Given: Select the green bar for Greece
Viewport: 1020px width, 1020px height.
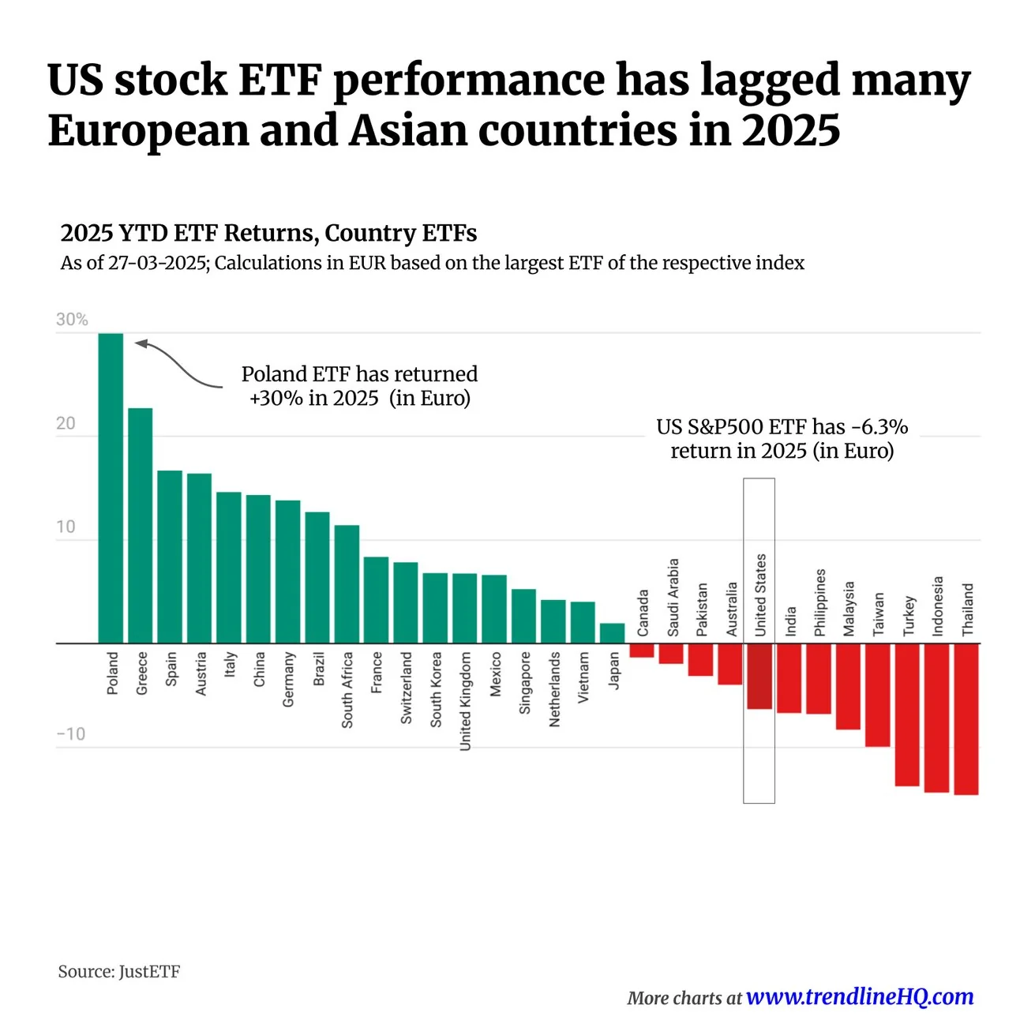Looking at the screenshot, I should coord(140,525).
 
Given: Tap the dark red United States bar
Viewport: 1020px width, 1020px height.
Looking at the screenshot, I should coord(759,676).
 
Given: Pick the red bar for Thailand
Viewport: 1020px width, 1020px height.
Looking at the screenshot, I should coord(966,718).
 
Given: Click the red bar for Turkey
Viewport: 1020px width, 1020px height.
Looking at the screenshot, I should coord(906,714).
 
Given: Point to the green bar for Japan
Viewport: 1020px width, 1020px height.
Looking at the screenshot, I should coord(612,633).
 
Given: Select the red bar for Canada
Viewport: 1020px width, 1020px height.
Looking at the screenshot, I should coord(641,651).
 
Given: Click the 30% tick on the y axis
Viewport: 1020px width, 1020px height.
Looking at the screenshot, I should coord(72,320).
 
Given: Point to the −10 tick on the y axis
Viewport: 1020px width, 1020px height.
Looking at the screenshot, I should coord(71,734).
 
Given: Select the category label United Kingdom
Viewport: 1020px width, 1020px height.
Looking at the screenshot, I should coord(465,700).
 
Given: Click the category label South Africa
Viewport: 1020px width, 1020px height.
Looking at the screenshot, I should coord(347,689).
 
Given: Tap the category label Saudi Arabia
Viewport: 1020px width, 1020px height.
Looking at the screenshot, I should coord(673,598).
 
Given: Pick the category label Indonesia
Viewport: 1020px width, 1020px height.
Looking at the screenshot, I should coord(937,606).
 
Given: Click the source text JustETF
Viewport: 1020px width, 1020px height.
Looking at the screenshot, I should coord(149,971).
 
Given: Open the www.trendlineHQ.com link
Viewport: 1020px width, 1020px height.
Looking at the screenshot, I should coord(859,997).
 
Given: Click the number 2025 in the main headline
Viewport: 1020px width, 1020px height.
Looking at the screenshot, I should coord(790,130).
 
